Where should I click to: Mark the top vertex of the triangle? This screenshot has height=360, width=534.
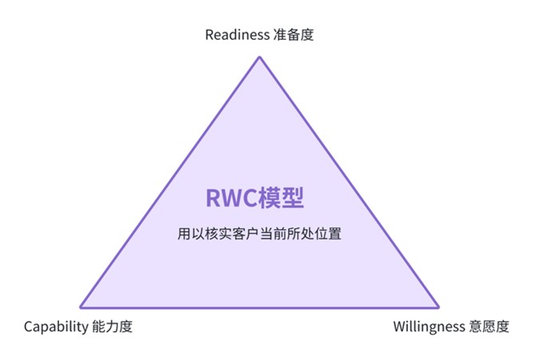[259, 57]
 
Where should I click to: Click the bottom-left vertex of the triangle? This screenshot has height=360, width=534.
[80, 307]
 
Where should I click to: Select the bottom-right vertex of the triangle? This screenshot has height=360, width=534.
[438, 307]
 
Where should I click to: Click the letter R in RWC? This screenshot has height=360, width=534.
[214, 198]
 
